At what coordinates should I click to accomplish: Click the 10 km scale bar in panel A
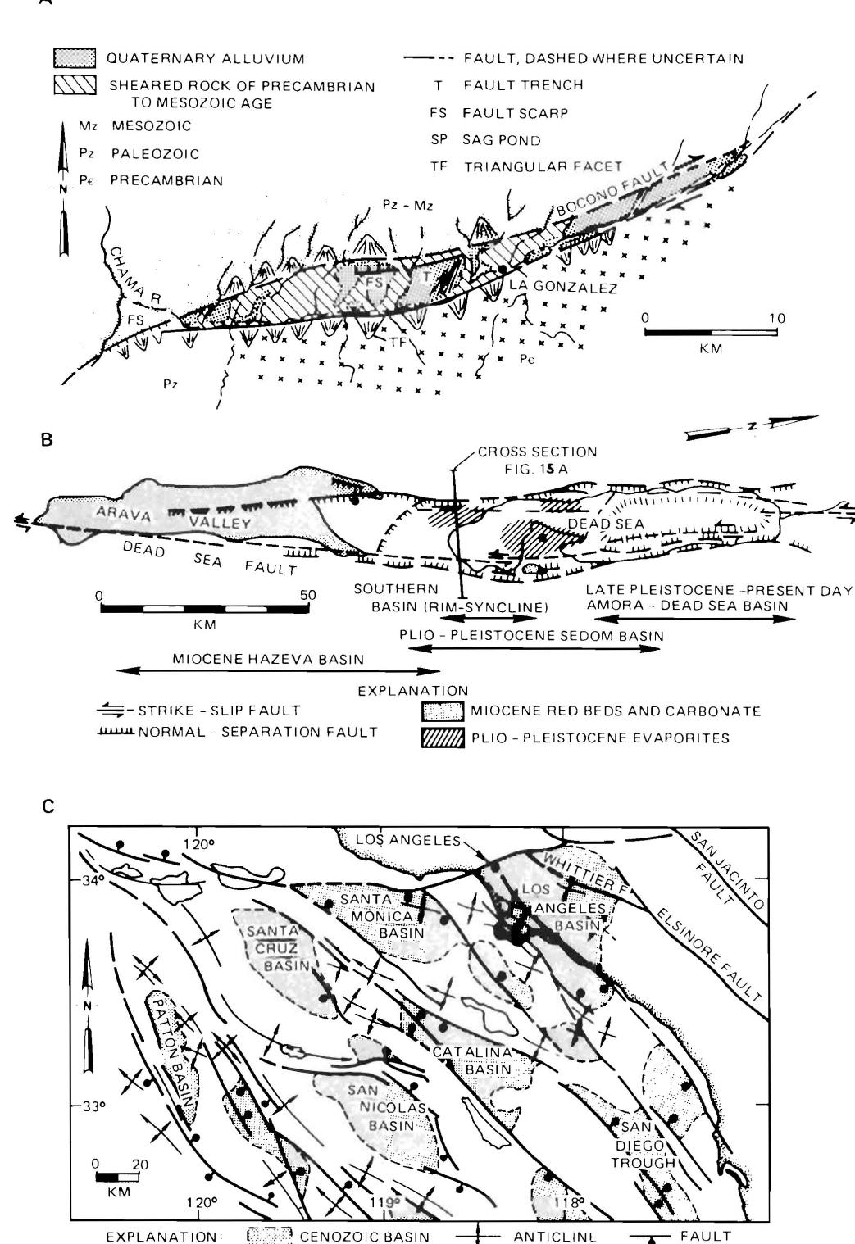click(x=711, y=333)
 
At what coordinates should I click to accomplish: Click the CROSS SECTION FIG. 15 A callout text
click(x=536, y=459)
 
